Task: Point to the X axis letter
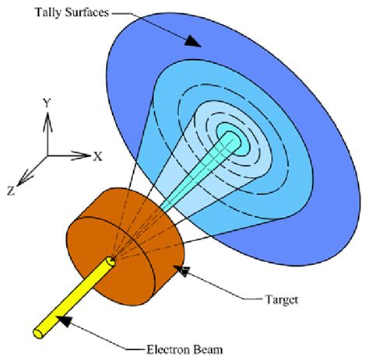coord(98,156)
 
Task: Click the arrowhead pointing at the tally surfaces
coord(192,41)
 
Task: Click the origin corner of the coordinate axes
coord(47,156)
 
